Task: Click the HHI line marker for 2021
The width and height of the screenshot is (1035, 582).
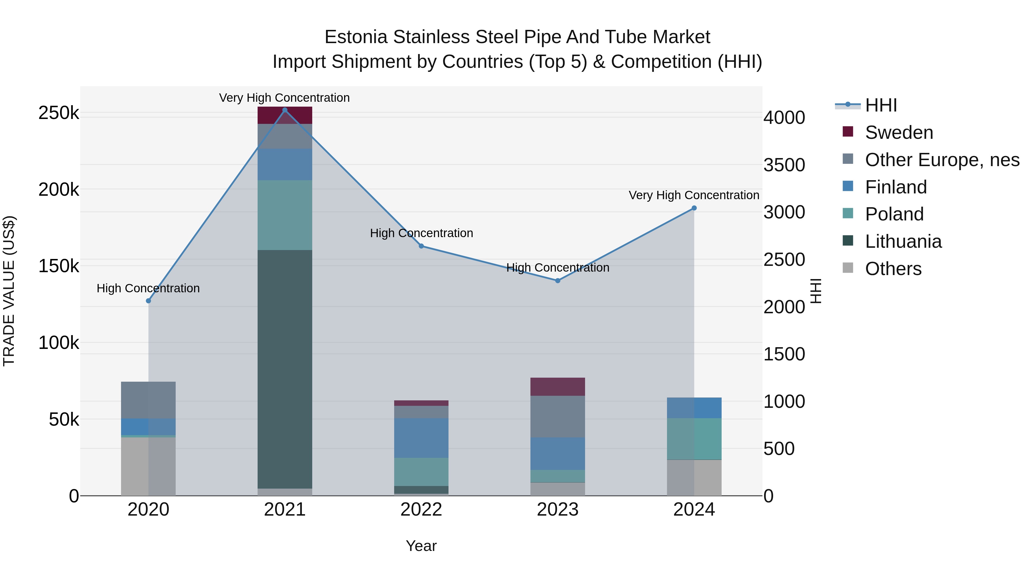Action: tap(285, 110)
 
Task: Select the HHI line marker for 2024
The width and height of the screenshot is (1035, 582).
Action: tap(694, 208)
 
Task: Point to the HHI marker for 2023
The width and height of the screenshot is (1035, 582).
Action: tap(558, 281)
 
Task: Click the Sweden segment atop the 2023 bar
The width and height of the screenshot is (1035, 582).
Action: tap(558, 386)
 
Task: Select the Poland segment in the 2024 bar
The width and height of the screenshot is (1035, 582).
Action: tap(694, 439)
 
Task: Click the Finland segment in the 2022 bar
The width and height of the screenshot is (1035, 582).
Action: tap(421, 438)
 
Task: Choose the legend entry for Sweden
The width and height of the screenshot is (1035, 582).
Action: tap(898, 132)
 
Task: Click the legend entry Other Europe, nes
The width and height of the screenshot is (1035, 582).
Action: tap(941, 160)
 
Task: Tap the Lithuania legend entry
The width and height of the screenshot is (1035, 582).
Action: tap(903, 241)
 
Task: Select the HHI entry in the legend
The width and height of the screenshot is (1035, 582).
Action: tap(881, 105)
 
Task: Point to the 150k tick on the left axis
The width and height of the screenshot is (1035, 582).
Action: tap(59, 266)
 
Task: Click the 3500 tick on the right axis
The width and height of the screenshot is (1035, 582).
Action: tap(784, 165)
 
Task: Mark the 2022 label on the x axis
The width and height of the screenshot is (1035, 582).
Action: tap(421, 510)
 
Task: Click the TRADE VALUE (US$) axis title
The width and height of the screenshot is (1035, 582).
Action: tap(9, 291)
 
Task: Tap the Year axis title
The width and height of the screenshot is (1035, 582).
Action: tap(421, 546)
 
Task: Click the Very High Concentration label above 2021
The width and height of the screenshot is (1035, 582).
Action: tap(284, 98)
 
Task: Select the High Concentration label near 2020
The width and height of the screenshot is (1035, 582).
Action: tap(148, 288)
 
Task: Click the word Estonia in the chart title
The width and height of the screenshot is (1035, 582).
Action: tap(356, 37)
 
